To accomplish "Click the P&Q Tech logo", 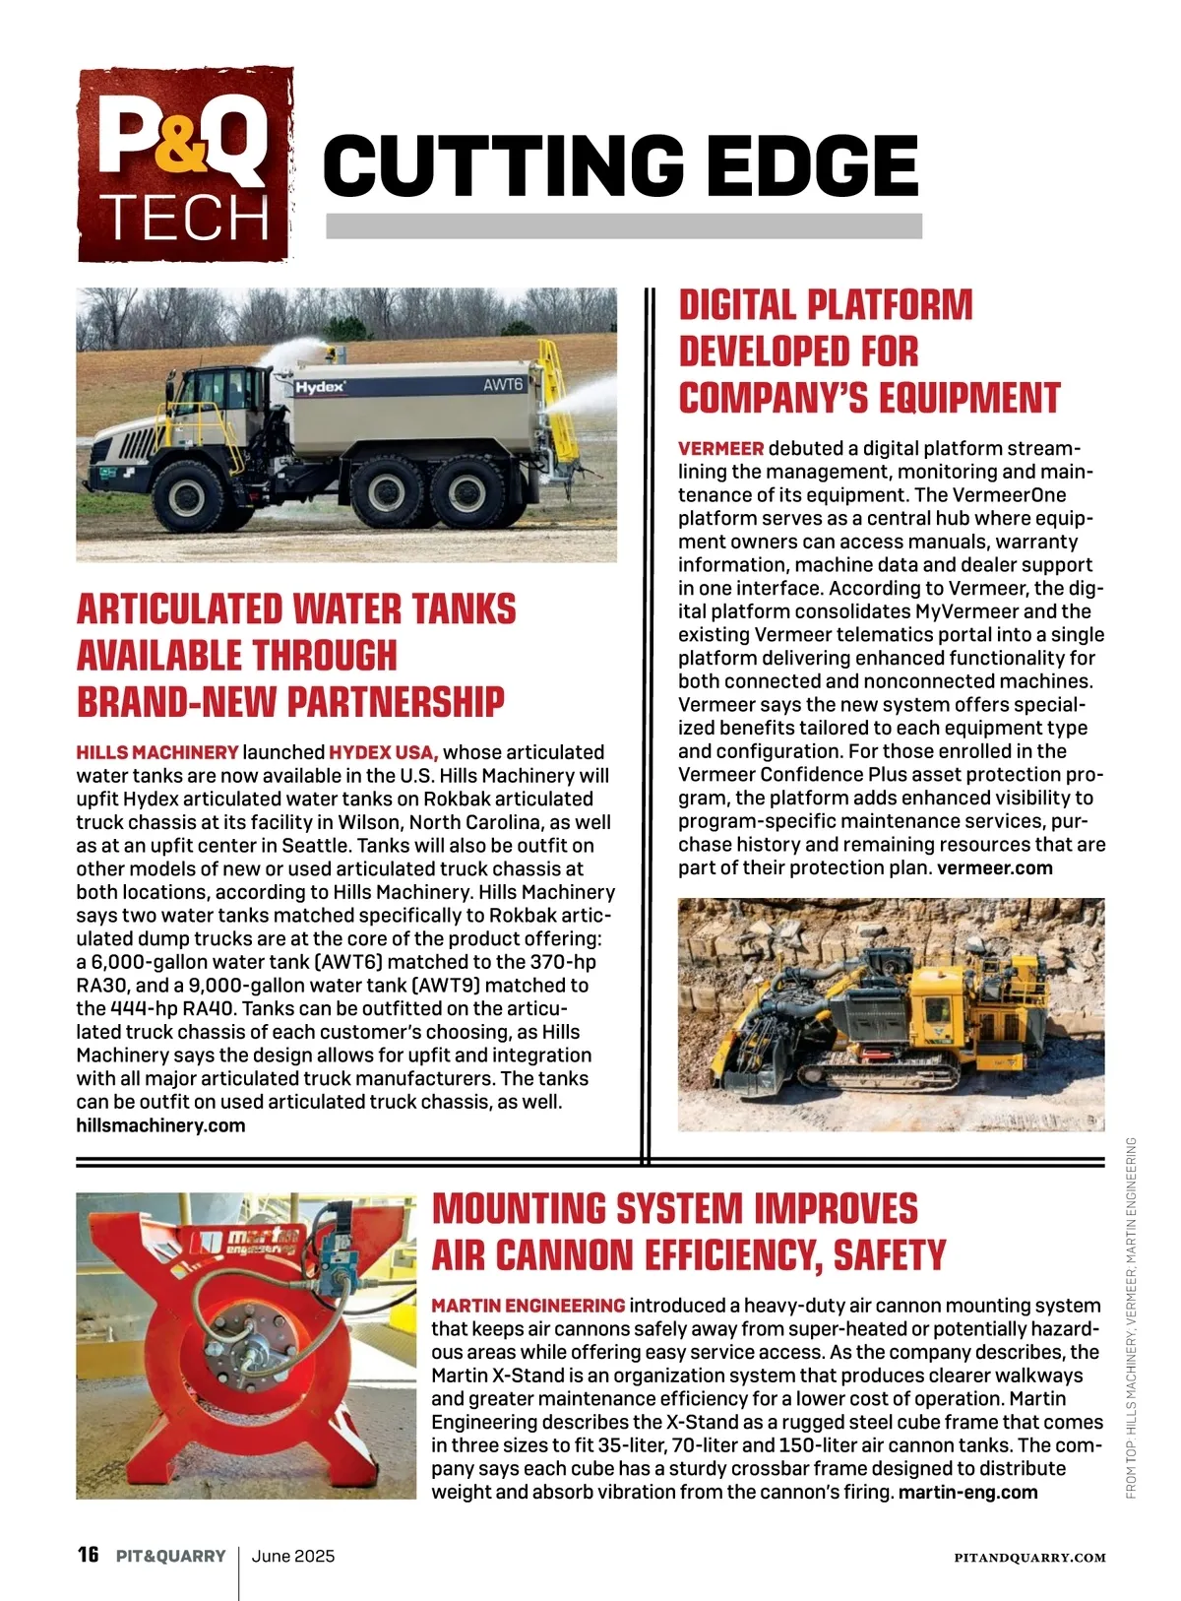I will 185,165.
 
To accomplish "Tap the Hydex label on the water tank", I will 321,387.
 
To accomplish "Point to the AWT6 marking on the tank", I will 503,384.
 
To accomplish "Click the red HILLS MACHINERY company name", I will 157,752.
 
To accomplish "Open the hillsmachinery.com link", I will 160,1125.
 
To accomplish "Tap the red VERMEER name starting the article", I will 720,448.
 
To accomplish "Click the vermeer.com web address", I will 994,867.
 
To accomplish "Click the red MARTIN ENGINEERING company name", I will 528,1306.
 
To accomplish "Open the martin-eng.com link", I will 968,1492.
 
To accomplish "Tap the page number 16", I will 89,1555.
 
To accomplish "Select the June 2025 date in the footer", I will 293,1556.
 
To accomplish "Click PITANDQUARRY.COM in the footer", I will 1029,1558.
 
